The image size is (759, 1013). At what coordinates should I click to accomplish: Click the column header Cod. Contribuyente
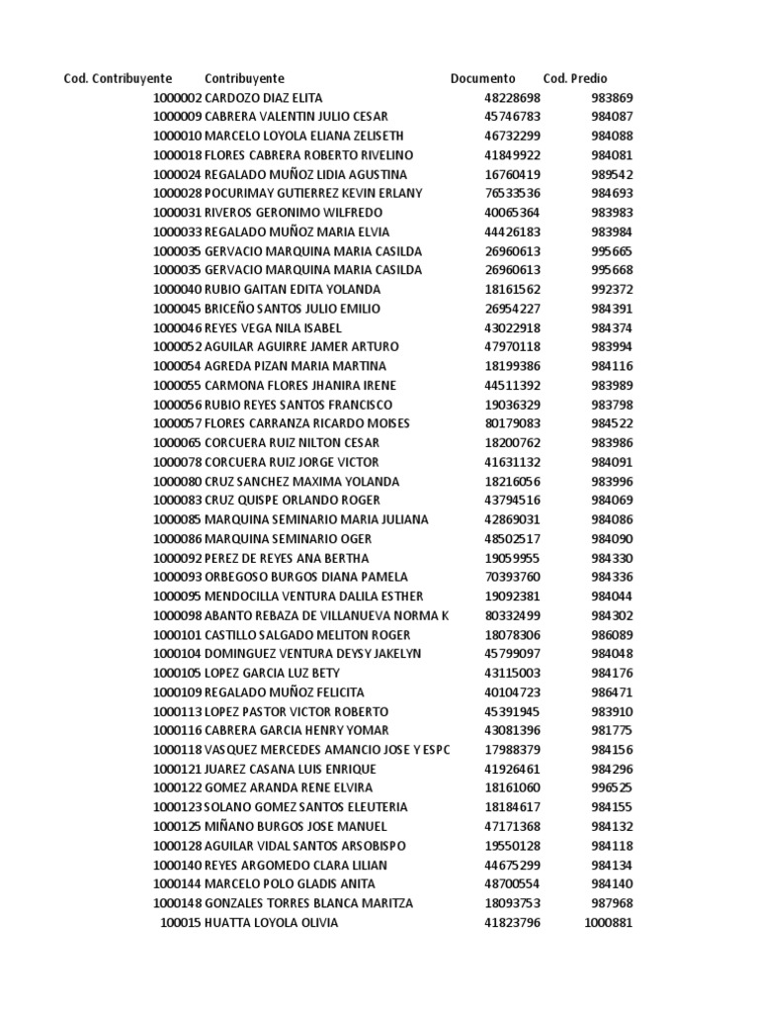pyautogui.click(x=118, y=78)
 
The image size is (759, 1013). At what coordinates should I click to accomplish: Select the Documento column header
pyautogui.click(x=482, y=78)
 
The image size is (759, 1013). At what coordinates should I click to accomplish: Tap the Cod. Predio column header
pyautogui.click(x=575, y=78)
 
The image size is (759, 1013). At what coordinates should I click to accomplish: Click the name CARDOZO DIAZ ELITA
pyautogui.click(x=265, y=98)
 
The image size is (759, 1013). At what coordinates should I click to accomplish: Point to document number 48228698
pyautogui.click(x=512, y=98)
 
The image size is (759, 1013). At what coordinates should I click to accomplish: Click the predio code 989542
pyautogui.click(x=612, y=174)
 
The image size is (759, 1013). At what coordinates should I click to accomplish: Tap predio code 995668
pyautogui.click(x=612, y=270)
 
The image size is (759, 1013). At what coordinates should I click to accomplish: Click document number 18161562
pyautogui.click(x=512, y=289)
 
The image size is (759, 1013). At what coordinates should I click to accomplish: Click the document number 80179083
pyautogui.click(x=512, y=423)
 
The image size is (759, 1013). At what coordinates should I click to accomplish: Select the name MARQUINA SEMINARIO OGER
pyautogui.click(x=288, y=539)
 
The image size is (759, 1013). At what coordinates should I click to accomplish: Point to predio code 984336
pyautogui.click(x=612, y=577)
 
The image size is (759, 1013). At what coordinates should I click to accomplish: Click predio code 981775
pyautogui.click(x=612, y=730)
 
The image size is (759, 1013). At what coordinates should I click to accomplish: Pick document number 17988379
pyautogui.click(x=512, y=750)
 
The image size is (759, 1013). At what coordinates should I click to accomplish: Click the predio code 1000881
pyautogui.click(x=608, y=923)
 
